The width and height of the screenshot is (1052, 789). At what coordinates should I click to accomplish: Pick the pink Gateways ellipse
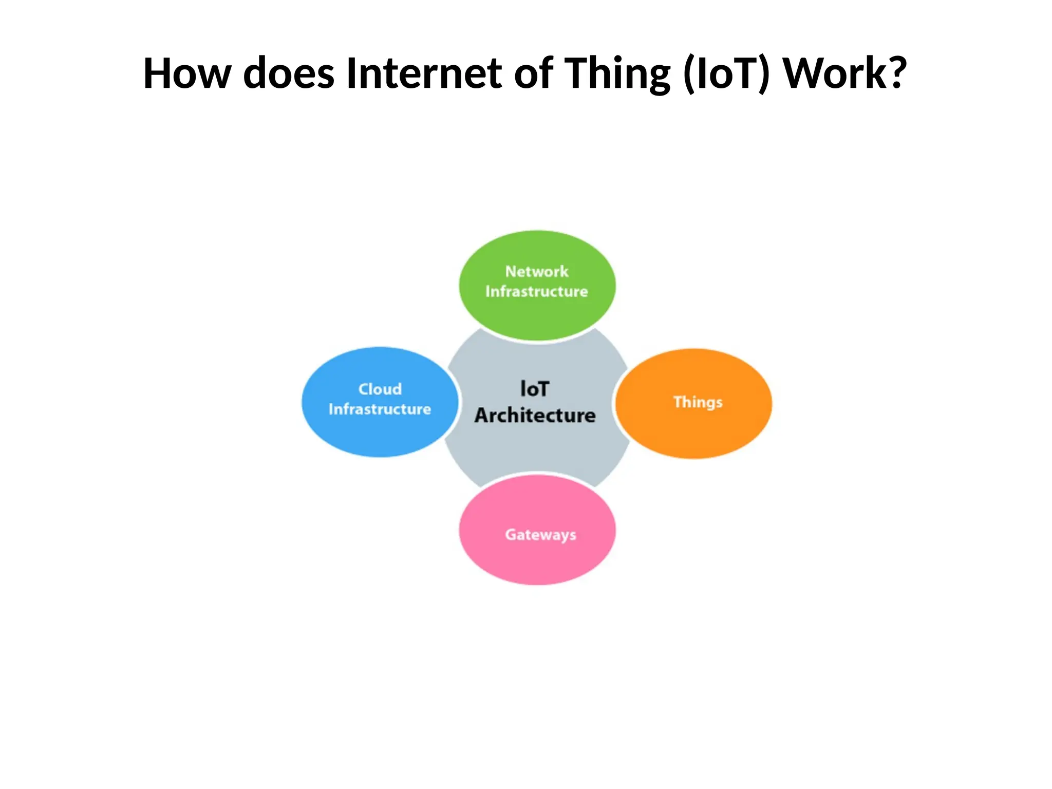pyautogui.click(x=537, y=560)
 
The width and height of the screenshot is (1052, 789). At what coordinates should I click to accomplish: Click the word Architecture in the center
pyautogui.click(x=535, y=416)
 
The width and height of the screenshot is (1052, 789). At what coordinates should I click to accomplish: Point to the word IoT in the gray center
pyautogui.click(x=535, y=389)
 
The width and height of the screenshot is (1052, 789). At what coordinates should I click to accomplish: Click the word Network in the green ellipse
pyautogui.click(x=537, y=271)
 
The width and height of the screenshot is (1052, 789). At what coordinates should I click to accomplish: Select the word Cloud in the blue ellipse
pyautogui.click(x=380, y=389)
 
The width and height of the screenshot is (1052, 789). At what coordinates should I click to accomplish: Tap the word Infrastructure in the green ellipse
pyautogui.click(x=537, y=292)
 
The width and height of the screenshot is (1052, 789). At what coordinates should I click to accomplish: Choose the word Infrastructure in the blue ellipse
pyautogui.click(x=380, y=409)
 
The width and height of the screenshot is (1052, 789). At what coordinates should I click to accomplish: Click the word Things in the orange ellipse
pyautogui.click(x=698, y=402)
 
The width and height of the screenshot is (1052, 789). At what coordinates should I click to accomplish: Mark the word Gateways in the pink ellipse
pyautogui.click(x=540, y=535)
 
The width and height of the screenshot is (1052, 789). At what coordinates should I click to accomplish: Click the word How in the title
pyautogui.click(x=187, y=73)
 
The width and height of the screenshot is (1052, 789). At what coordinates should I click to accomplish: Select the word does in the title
pyautogui.click(x=289, y=73)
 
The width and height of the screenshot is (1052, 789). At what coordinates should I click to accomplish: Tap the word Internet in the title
pyautogui.click(x=424, y=73)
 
